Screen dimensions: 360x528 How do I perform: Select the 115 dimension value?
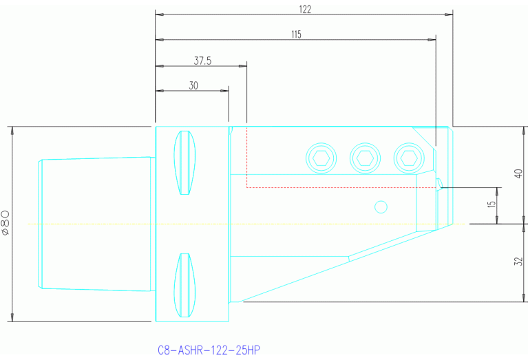pyautogui.click(x=296, y=34)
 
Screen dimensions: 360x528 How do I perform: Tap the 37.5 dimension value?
pyautogui.click(x=202, y=61)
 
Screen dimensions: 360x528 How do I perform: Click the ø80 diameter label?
pyautogui.click(x=6, y=224)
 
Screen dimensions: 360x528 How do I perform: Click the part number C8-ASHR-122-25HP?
pyautogui.click(x=209, y=350)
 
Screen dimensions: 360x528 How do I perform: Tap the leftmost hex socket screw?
pyautogui.click(x=319, y=158)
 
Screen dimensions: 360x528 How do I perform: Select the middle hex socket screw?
pyautogui.click(x=363, y=158)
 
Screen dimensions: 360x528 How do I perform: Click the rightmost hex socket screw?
pyautogui.click(x=407, y=158)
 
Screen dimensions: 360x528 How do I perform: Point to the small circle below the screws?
pyautogui.click(x=380, y=206)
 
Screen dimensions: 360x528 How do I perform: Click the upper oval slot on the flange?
pyautogui.click(x=184, y=162)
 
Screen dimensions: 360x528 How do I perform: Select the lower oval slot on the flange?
pyautogui.click(x=184, y=286)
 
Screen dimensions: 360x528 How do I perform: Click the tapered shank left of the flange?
pyautogui.click(x=96, y=224)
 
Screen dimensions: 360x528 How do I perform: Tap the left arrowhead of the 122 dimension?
pyautogui.click(x=159, y=14)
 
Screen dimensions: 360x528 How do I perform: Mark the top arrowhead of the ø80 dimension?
pyautogui.click(x=12, y=130)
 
